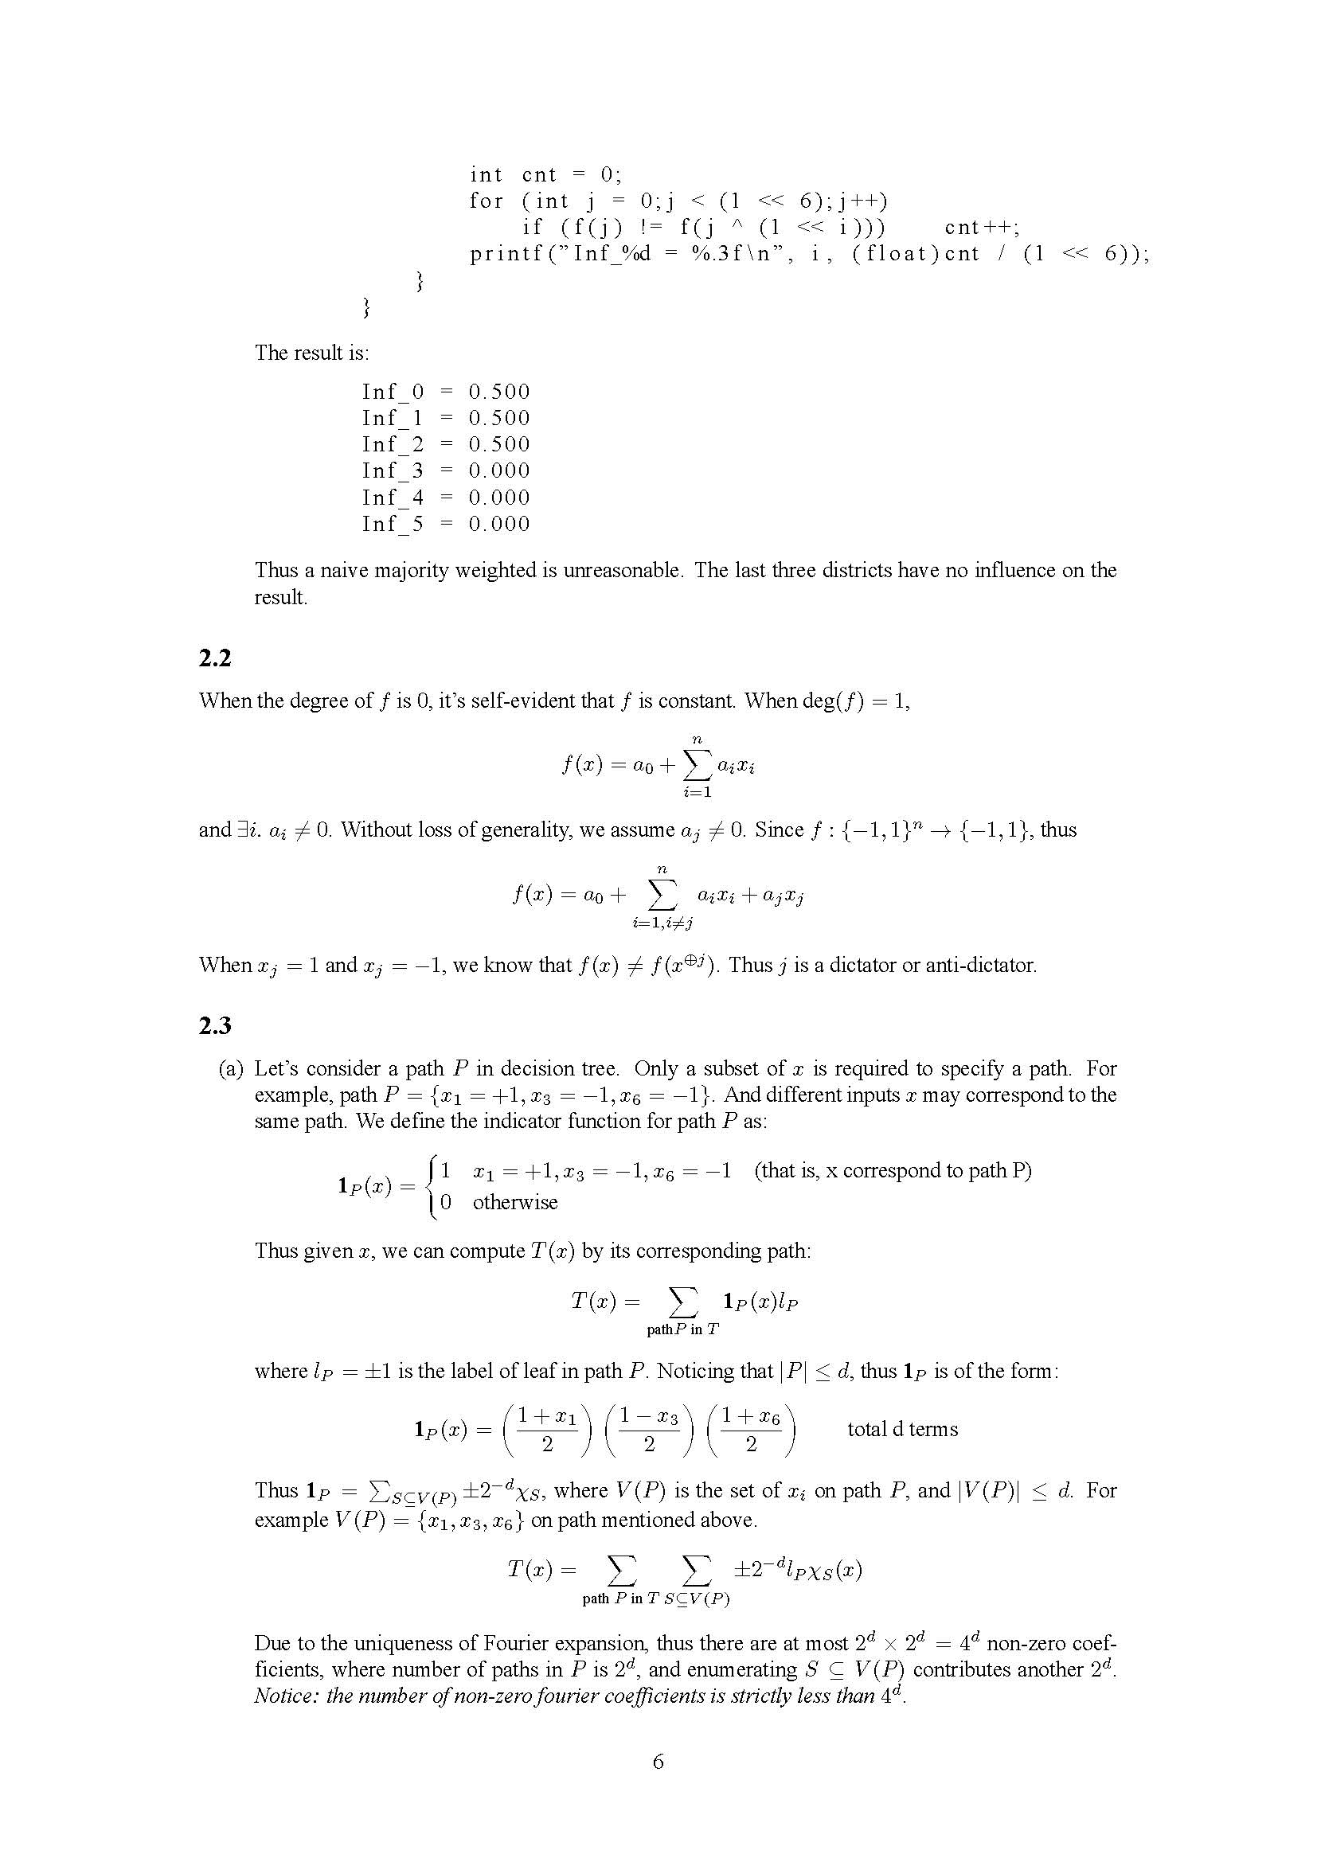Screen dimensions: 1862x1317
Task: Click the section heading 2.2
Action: (x=215, y=658)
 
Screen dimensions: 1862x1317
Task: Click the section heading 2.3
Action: (x=215, y=1026)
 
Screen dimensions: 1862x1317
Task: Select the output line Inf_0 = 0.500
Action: (x=445, y=392)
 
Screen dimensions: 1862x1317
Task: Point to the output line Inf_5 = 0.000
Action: (x=445, y=524)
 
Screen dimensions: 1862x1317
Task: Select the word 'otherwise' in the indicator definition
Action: (x=515, y=1202)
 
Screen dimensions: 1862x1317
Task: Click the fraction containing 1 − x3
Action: (x=649, y=1429)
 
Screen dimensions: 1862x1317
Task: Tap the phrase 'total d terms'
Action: (x=902, y=1429)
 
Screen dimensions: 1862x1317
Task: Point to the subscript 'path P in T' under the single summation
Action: (x=683, y=1329)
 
